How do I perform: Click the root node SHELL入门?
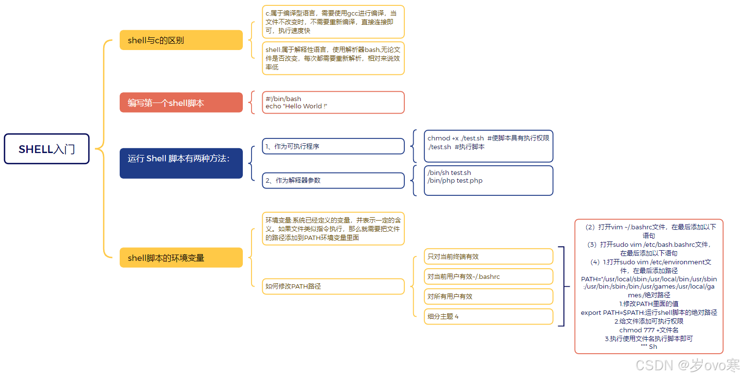pyautogui.click(x=47, y=149)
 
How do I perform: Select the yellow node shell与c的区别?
pyautogui.click(x=181, y=40)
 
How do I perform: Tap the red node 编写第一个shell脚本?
pyautogui.click(x=181, y=103)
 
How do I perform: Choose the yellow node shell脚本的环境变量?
pyautogui.click(x=181, y=258)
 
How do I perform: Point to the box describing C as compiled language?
pyautogui.click(x=333, y=22)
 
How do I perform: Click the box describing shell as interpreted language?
pyautogui.click(x=333, y=58)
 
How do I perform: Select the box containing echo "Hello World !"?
pyautogui.click(x=333, y=103)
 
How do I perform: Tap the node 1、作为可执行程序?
pyautogui.click(x=333, y=146)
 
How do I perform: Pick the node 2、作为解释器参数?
pyautogui.click(x=333, y=180)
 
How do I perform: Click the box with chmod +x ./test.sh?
pyautogui.click(x=488, y=146)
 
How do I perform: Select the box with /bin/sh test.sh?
pyautogui.click(x=488, y=180)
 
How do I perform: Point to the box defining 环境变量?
pyautogui.click(x=333, y=228)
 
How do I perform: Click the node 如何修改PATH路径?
pyautogui.click(x=333, y=286)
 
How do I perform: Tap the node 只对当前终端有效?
pyautogui.click(x=488, y=257)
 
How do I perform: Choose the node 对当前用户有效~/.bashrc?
pyautogui.click(x=488, y=276)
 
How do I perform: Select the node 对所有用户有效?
pyautogui.click(x=488, y=296)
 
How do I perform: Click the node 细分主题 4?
pyautogui.click(x=488, y=316)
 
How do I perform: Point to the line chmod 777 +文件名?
pyautogui.click(x=649, y=330)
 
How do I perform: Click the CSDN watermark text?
pyautogui.click(x=687, y=365)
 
